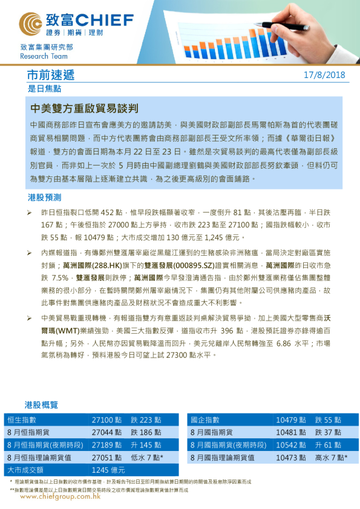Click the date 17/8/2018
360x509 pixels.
(x=324, y=75)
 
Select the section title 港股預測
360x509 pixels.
(x=44, y=198)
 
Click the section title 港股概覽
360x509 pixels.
(x=41, y=404)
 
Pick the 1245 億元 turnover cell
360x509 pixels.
(x=108, y=470)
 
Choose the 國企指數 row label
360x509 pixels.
(x=205, y=420)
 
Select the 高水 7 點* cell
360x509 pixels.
(x=332, y=458)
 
